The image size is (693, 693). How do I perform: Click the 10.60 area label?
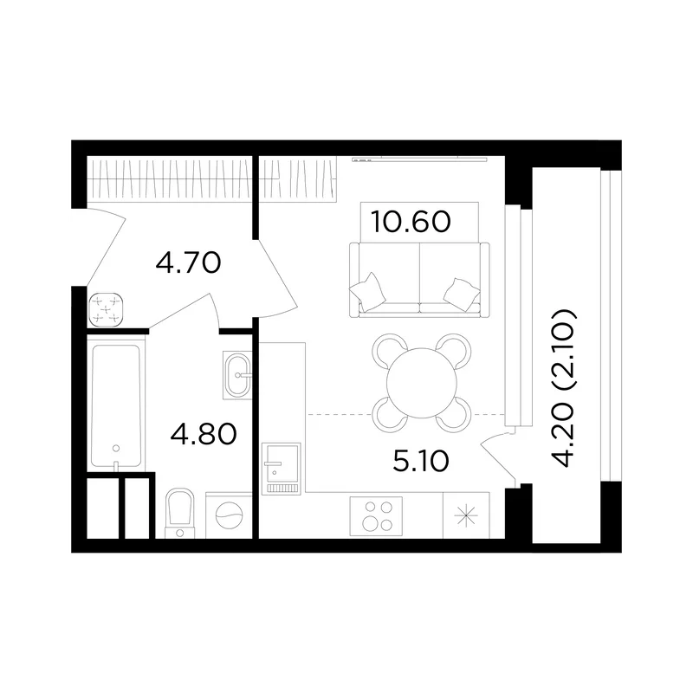tap(411, 222)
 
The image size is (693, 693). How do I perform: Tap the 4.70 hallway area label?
tap(188, 263)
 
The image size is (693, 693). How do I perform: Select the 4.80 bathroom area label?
tap(204, 434)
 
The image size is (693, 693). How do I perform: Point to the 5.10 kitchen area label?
tap(421, 461)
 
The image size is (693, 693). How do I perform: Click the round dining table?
tap(422, 383)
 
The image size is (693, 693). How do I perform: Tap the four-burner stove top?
tap(376, 516)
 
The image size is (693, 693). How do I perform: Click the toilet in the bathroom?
tap(180, 513)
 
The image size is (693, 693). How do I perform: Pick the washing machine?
tap(229, 515)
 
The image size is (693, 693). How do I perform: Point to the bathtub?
tap(116, 403)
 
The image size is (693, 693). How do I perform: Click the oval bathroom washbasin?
tap(237, 375)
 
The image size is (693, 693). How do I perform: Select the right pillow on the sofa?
tap(462, 294)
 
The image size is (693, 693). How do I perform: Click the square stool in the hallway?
tap(106, 309)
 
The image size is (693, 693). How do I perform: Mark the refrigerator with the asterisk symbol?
tap(466, 515)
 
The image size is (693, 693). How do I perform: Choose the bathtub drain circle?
tap(116, 448)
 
